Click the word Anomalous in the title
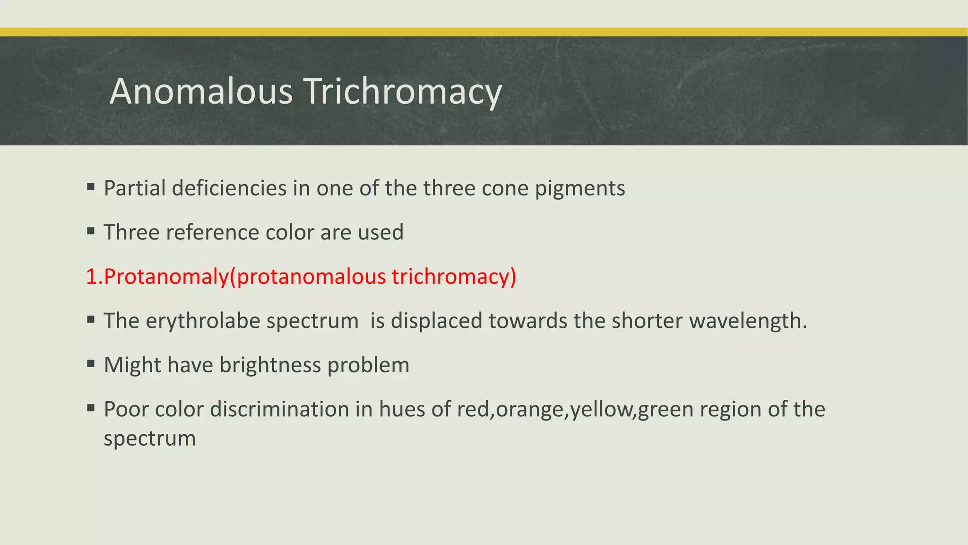(201, 91)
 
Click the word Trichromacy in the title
(403, 91)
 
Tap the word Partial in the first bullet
(135, 188)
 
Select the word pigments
(580, 188)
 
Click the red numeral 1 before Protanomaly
(91, 276)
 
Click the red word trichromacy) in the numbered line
(454, 276)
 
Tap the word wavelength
(748, 321)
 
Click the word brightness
(270, 365)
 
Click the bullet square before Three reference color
(91, 232)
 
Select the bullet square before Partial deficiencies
(91, 187)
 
